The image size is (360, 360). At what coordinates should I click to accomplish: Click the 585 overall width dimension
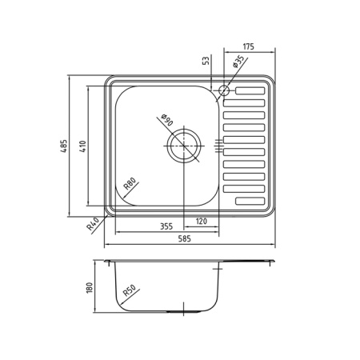(x=185, y=238)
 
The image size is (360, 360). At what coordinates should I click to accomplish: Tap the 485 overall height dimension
(x=64, y=146)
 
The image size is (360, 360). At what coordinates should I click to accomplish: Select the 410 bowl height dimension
(x=83, y=146)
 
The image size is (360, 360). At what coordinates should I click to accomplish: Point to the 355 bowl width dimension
(x=166, y=226)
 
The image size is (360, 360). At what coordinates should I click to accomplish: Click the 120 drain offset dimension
(x=201, y=221)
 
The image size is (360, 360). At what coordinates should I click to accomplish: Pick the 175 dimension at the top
(x=248, y=46)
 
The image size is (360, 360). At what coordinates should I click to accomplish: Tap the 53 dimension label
(x=206, y=61)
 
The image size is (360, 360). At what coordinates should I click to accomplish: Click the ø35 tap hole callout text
(x=238, y=62)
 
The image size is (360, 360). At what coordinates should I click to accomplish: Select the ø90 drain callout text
(x=167, y=120)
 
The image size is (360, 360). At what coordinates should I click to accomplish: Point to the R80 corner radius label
(x=130, y=183)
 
